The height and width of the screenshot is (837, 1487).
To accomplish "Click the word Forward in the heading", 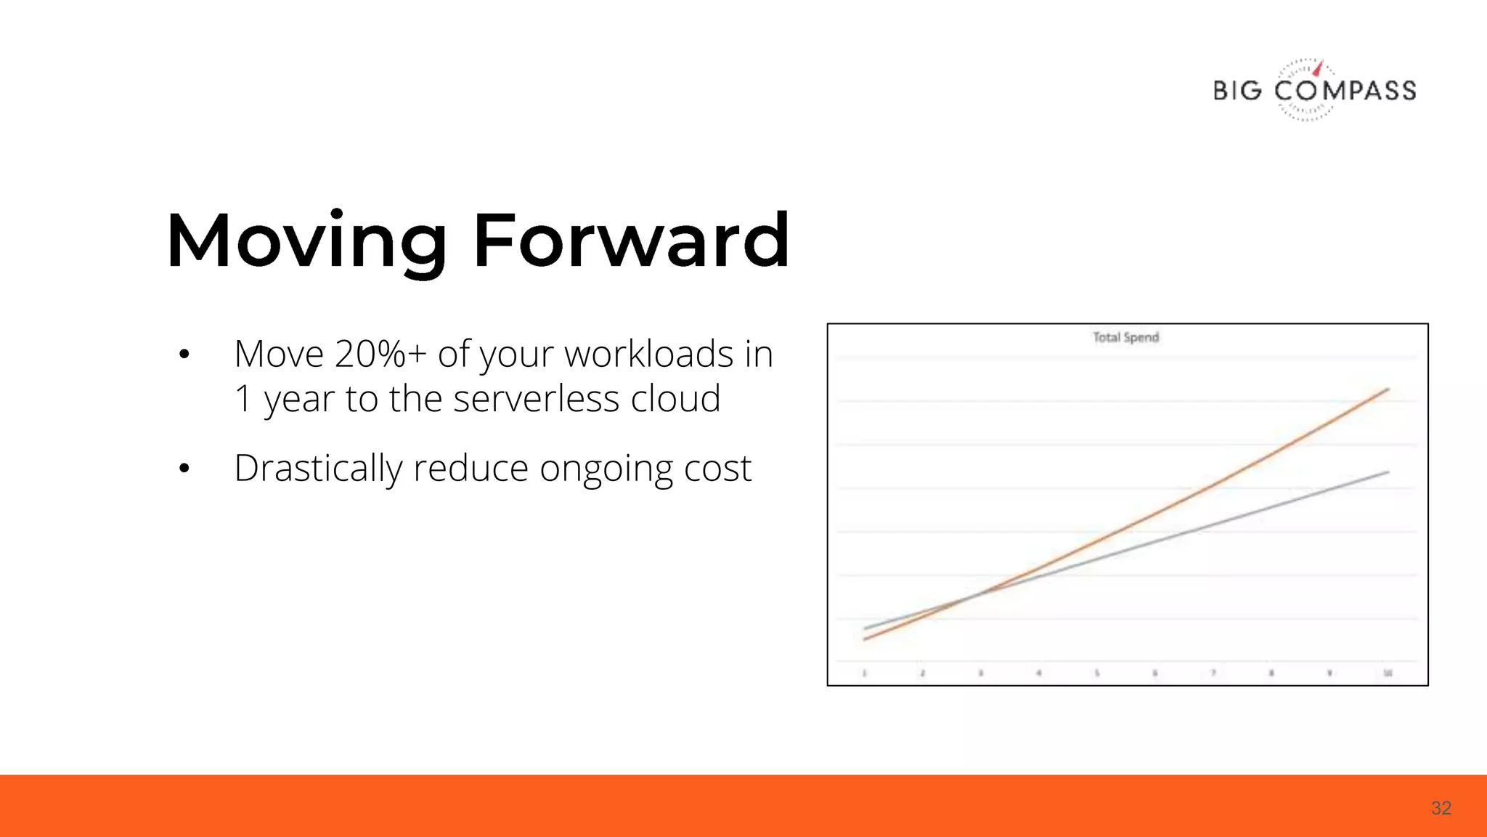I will (631, 240).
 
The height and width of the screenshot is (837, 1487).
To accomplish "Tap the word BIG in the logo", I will (1237, 91).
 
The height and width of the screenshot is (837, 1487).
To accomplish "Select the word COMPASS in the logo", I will (1345, 91).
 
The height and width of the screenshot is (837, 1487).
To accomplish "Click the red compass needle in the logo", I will (1319, 68).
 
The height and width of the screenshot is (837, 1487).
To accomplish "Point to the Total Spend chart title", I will (1125, 337).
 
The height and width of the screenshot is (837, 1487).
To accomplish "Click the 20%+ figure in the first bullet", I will (380, 355).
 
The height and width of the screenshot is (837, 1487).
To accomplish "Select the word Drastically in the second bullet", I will (317, 468).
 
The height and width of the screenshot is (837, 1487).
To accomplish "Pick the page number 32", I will (1441, 808).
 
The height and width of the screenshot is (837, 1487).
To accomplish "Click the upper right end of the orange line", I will (1388, 389).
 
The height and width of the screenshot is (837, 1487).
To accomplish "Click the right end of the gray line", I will (1388, 472).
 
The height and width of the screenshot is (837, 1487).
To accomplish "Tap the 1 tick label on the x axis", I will (864, 674).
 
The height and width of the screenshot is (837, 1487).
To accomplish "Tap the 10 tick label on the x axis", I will (1388, 674).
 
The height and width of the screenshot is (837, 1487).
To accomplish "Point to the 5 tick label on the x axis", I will (1097, 674).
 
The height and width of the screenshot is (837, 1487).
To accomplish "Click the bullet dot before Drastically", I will (184, 469).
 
